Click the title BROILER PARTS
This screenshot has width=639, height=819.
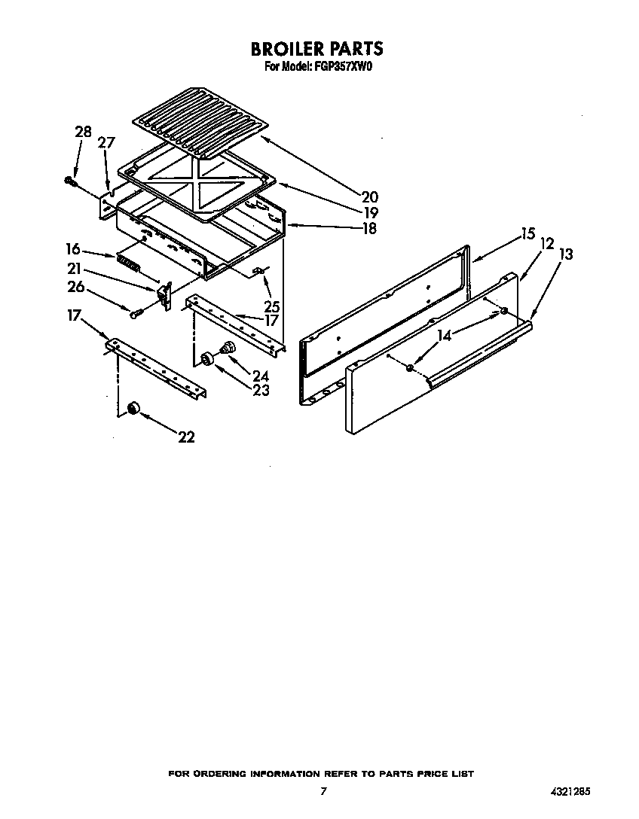(316, 49)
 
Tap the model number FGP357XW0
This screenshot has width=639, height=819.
(344, 66)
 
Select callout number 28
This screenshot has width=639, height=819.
(83, 132)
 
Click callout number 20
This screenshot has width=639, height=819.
(369, 197)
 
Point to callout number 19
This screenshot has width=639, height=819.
(370, 213)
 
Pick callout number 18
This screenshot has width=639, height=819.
(369, 229)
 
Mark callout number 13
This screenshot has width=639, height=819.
(566, 254)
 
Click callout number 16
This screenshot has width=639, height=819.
(73, 248)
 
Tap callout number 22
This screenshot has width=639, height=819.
(186, 437)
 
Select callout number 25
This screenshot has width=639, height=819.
(272, 306)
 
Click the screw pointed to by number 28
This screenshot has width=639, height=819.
(71, 181)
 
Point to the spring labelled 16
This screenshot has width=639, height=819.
(130, 263)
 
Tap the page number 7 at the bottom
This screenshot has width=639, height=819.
(323, 791)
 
